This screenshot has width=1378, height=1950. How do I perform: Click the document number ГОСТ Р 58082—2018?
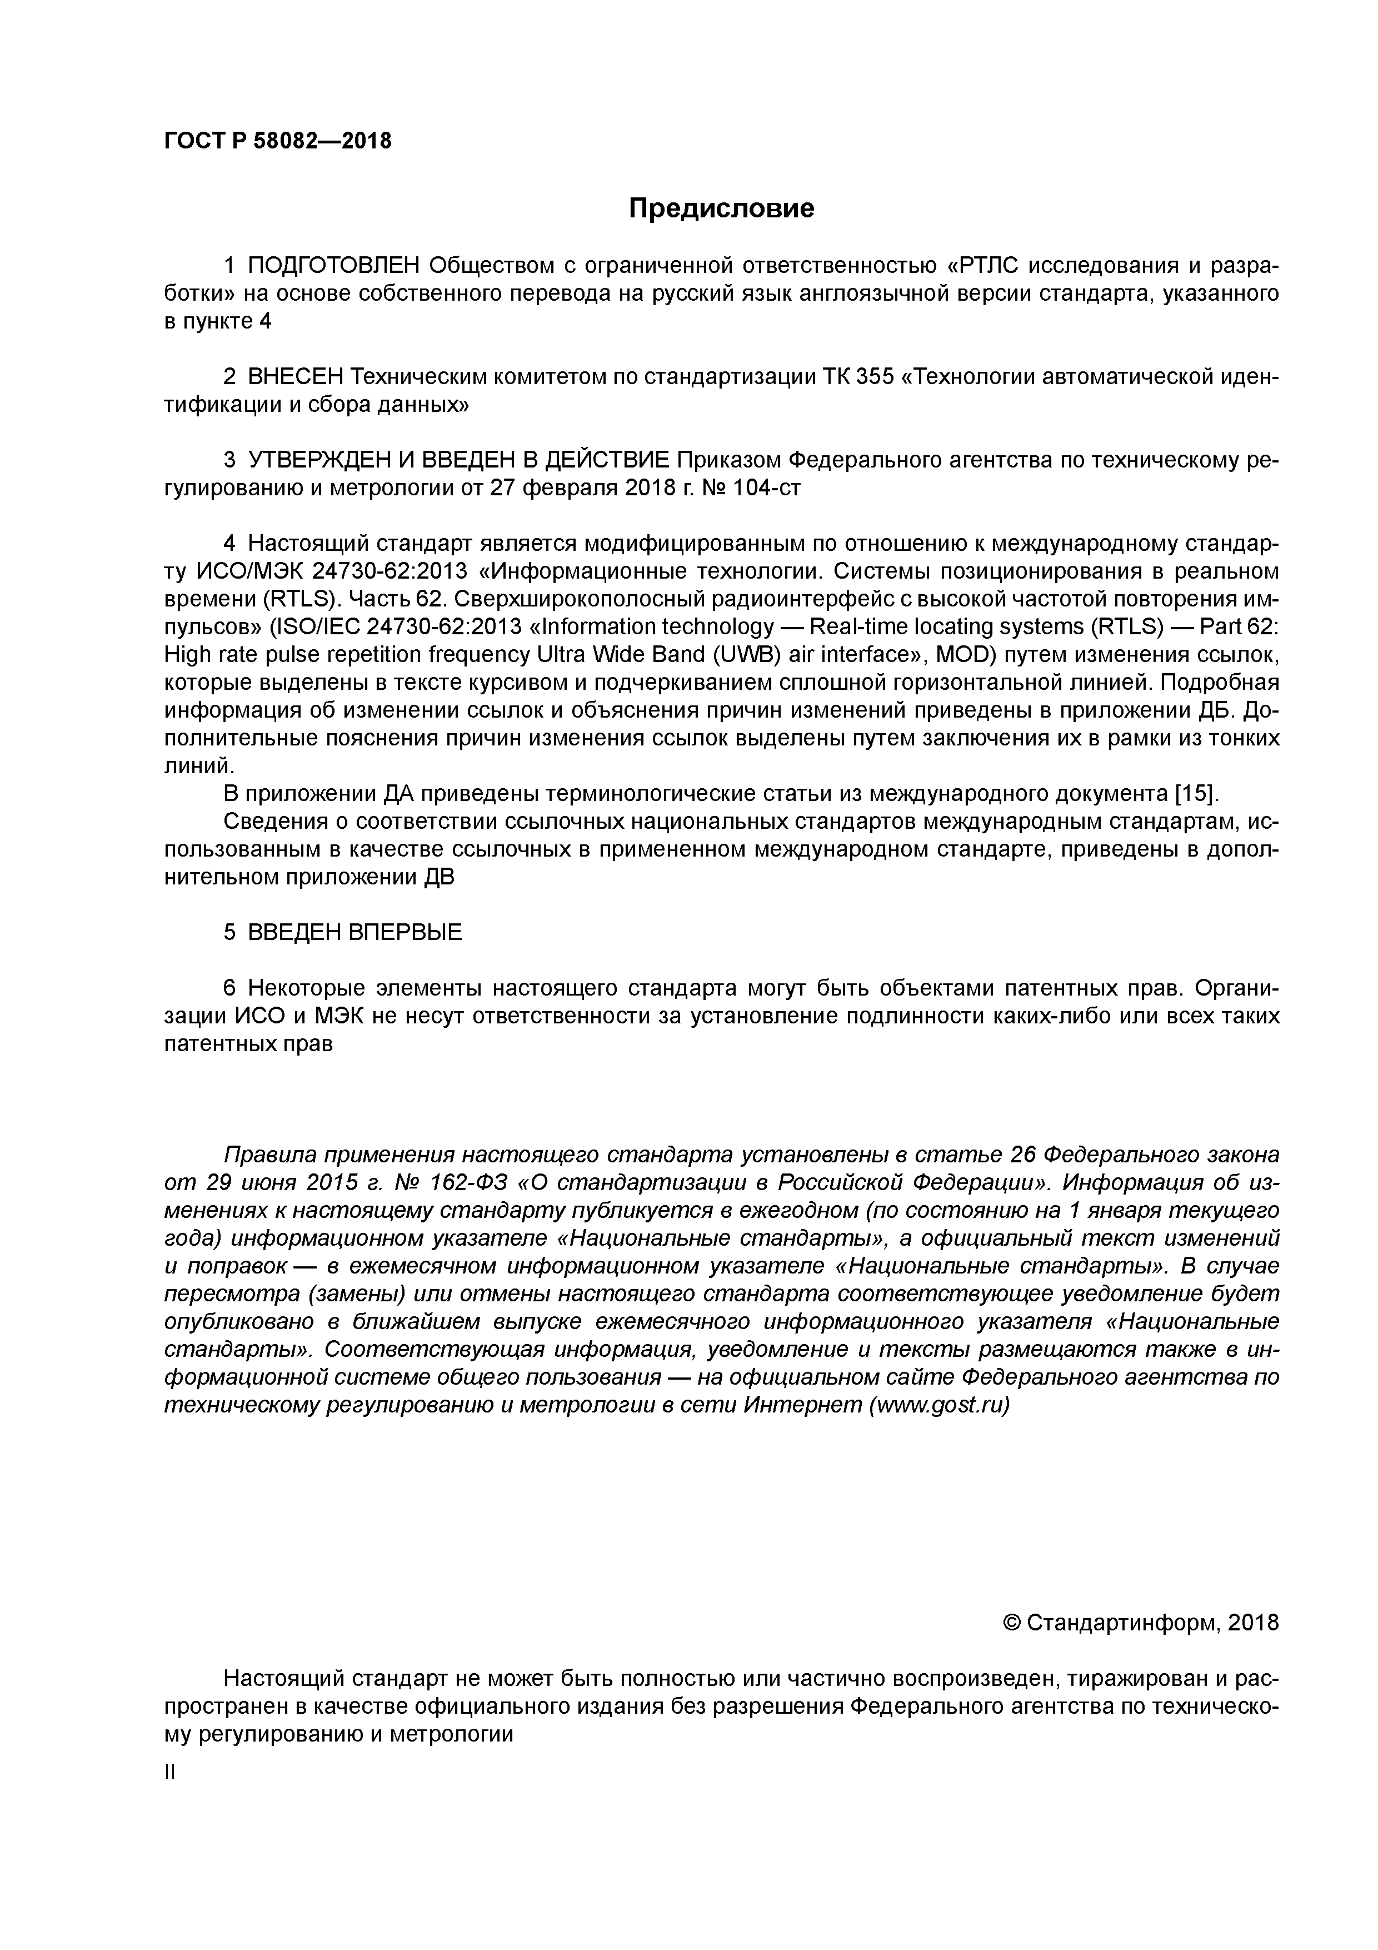pos(278,141)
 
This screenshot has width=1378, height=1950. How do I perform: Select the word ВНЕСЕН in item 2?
pos(296,377)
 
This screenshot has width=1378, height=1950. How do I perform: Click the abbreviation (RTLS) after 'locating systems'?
pos(1125,627)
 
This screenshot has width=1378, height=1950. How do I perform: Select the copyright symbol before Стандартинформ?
pos(1011,1623)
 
